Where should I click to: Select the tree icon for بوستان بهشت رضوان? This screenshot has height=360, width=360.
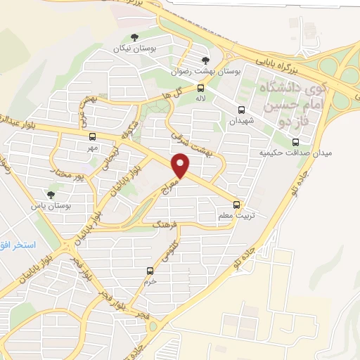click(x=205, y=60)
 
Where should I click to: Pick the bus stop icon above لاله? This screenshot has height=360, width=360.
click(x=201, y=89)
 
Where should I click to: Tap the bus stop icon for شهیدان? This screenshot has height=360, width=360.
click(x=241, y=110)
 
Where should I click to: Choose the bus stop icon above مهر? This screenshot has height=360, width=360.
click(x=93, y=136)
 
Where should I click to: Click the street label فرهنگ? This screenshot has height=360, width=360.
click(x=167, y=225)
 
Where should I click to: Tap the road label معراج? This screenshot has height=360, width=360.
click(x=172, y=187)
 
